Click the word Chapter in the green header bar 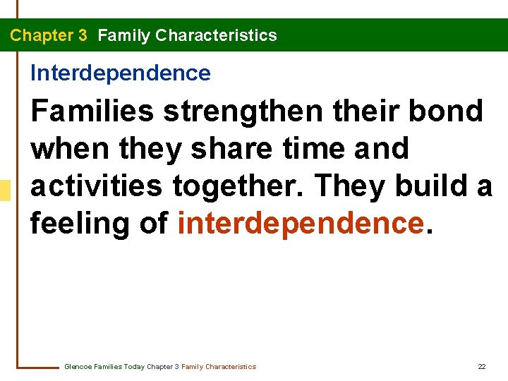(39, 35)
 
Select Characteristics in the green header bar (216, 35)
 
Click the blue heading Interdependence (120, 73)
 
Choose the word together (230, 186)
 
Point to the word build (431, 186)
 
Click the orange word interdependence (301, 223)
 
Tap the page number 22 (482, 367)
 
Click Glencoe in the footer (78, 367)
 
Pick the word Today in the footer (133, 367)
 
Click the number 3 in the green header (83, 35)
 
